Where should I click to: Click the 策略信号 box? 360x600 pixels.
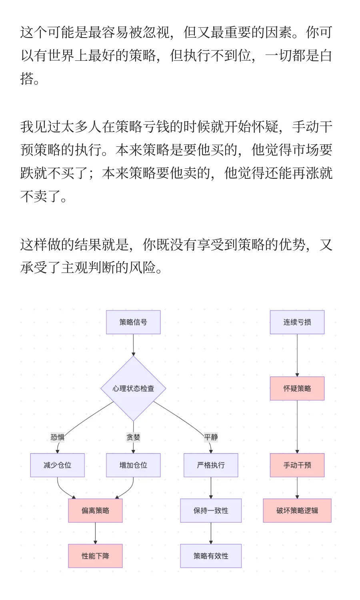133,322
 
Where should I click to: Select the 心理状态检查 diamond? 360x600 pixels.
133,388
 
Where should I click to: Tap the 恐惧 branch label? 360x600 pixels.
57,437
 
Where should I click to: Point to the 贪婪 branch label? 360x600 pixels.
133,437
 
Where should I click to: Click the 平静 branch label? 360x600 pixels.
211,437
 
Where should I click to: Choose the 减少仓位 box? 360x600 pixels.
57,465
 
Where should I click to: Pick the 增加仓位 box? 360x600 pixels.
133,465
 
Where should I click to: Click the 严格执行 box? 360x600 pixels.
211,465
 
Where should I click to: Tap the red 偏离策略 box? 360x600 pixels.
95,510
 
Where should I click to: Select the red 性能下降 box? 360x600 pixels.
95,556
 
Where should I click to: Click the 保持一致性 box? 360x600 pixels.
211,510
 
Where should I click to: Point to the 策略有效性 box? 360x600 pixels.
211,556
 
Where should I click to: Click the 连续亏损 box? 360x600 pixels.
297,322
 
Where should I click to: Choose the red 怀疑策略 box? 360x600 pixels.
297,388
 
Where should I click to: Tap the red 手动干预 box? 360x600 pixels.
297,465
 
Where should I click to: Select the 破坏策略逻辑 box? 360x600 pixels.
297,510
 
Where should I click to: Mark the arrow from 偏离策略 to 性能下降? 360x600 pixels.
95,533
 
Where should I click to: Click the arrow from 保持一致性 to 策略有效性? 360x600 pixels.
211,533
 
